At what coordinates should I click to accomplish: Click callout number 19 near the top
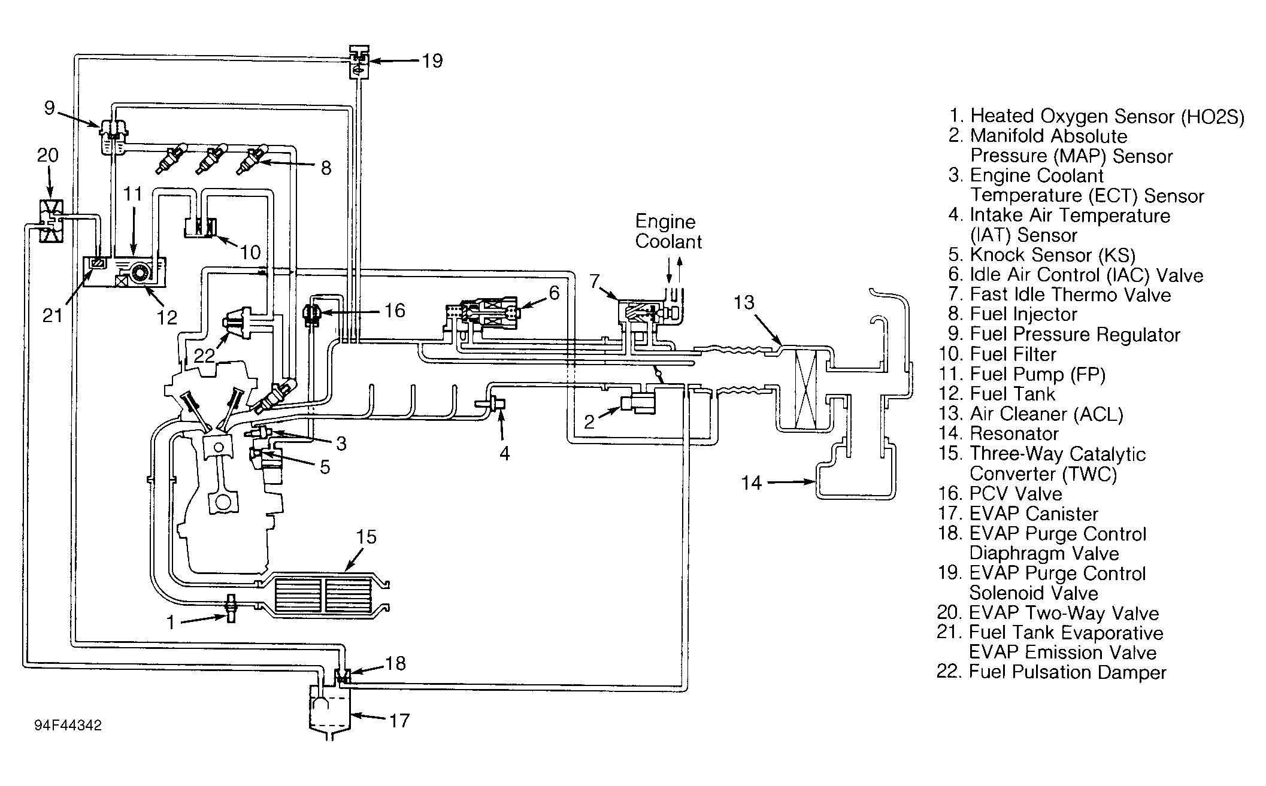(x=432, y=61)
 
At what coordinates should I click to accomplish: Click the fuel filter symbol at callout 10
(x=200, y=227)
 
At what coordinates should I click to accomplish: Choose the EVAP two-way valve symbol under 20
(x=50, y=221)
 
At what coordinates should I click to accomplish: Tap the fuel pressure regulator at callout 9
(x=112, y=136)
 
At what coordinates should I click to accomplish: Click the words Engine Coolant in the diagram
(x=668, y=232)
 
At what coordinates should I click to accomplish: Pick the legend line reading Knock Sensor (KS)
(x=1041, y=255)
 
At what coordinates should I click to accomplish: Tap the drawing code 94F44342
(x=68, y=726)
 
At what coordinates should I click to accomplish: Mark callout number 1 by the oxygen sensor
(x=171, y=623)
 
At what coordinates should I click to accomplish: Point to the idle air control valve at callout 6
(x=484, y=314)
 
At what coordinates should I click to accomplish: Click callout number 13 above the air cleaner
(x=744, y=303)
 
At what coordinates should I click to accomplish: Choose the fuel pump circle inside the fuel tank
(x=141, y=273)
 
